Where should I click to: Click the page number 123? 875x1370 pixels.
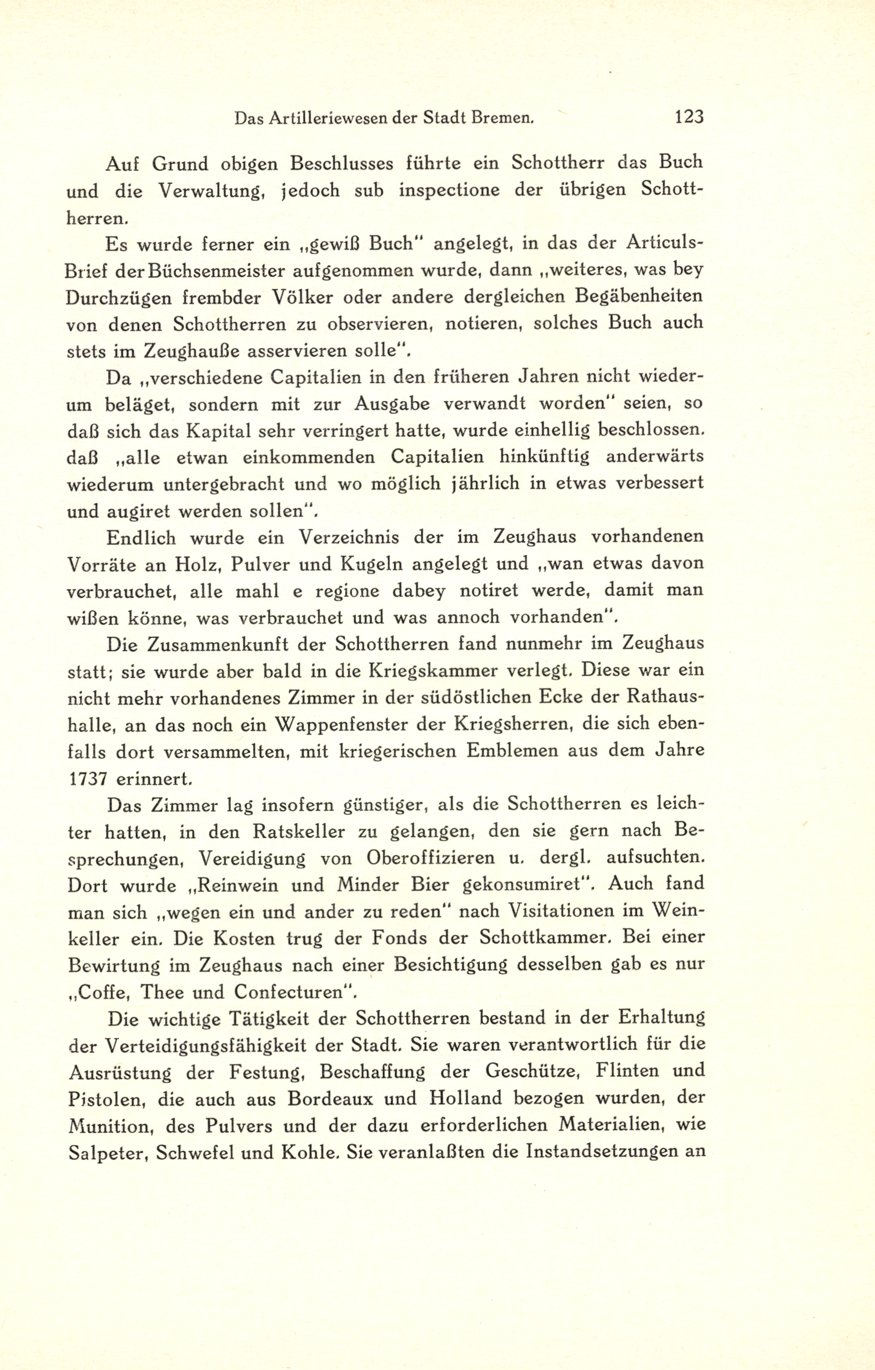point(689,117)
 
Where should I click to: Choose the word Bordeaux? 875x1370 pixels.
point(331,1098)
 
